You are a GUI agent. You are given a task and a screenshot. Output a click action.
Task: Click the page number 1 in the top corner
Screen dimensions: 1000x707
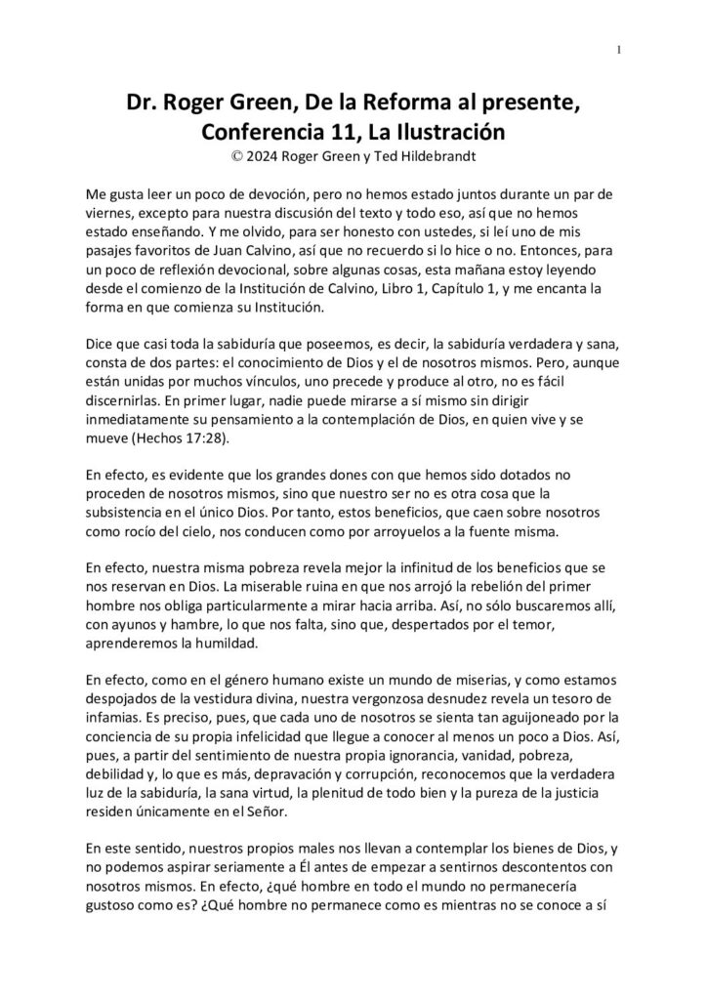pyautogui.click(x=619, y=52)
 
